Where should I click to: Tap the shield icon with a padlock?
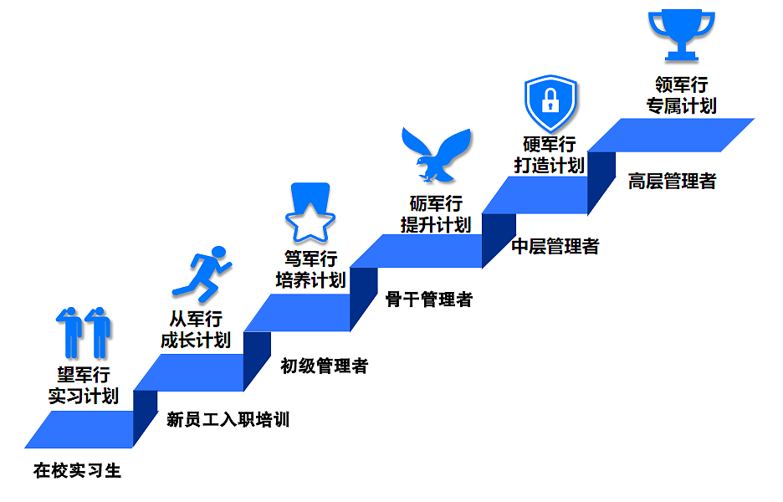coord(550,102)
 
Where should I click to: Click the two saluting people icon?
coord(84,332)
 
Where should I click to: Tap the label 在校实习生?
coord(78,470)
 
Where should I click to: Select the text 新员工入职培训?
coord(228,419)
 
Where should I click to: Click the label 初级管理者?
coord(324,366)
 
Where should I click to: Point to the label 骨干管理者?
coord(429,299)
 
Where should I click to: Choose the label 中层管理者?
coord(555,246)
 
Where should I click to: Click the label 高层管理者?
coord(672,181)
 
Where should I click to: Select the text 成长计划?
coord(196,340)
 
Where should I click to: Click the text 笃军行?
coord(310,259)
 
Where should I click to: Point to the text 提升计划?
coord(435,224)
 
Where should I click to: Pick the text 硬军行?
coord(550,144)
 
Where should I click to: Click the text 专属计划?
coord(681,105)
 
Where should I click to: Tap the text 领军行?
coord(681,85)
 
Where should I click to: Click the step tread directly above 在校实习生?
coord(79,428)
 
